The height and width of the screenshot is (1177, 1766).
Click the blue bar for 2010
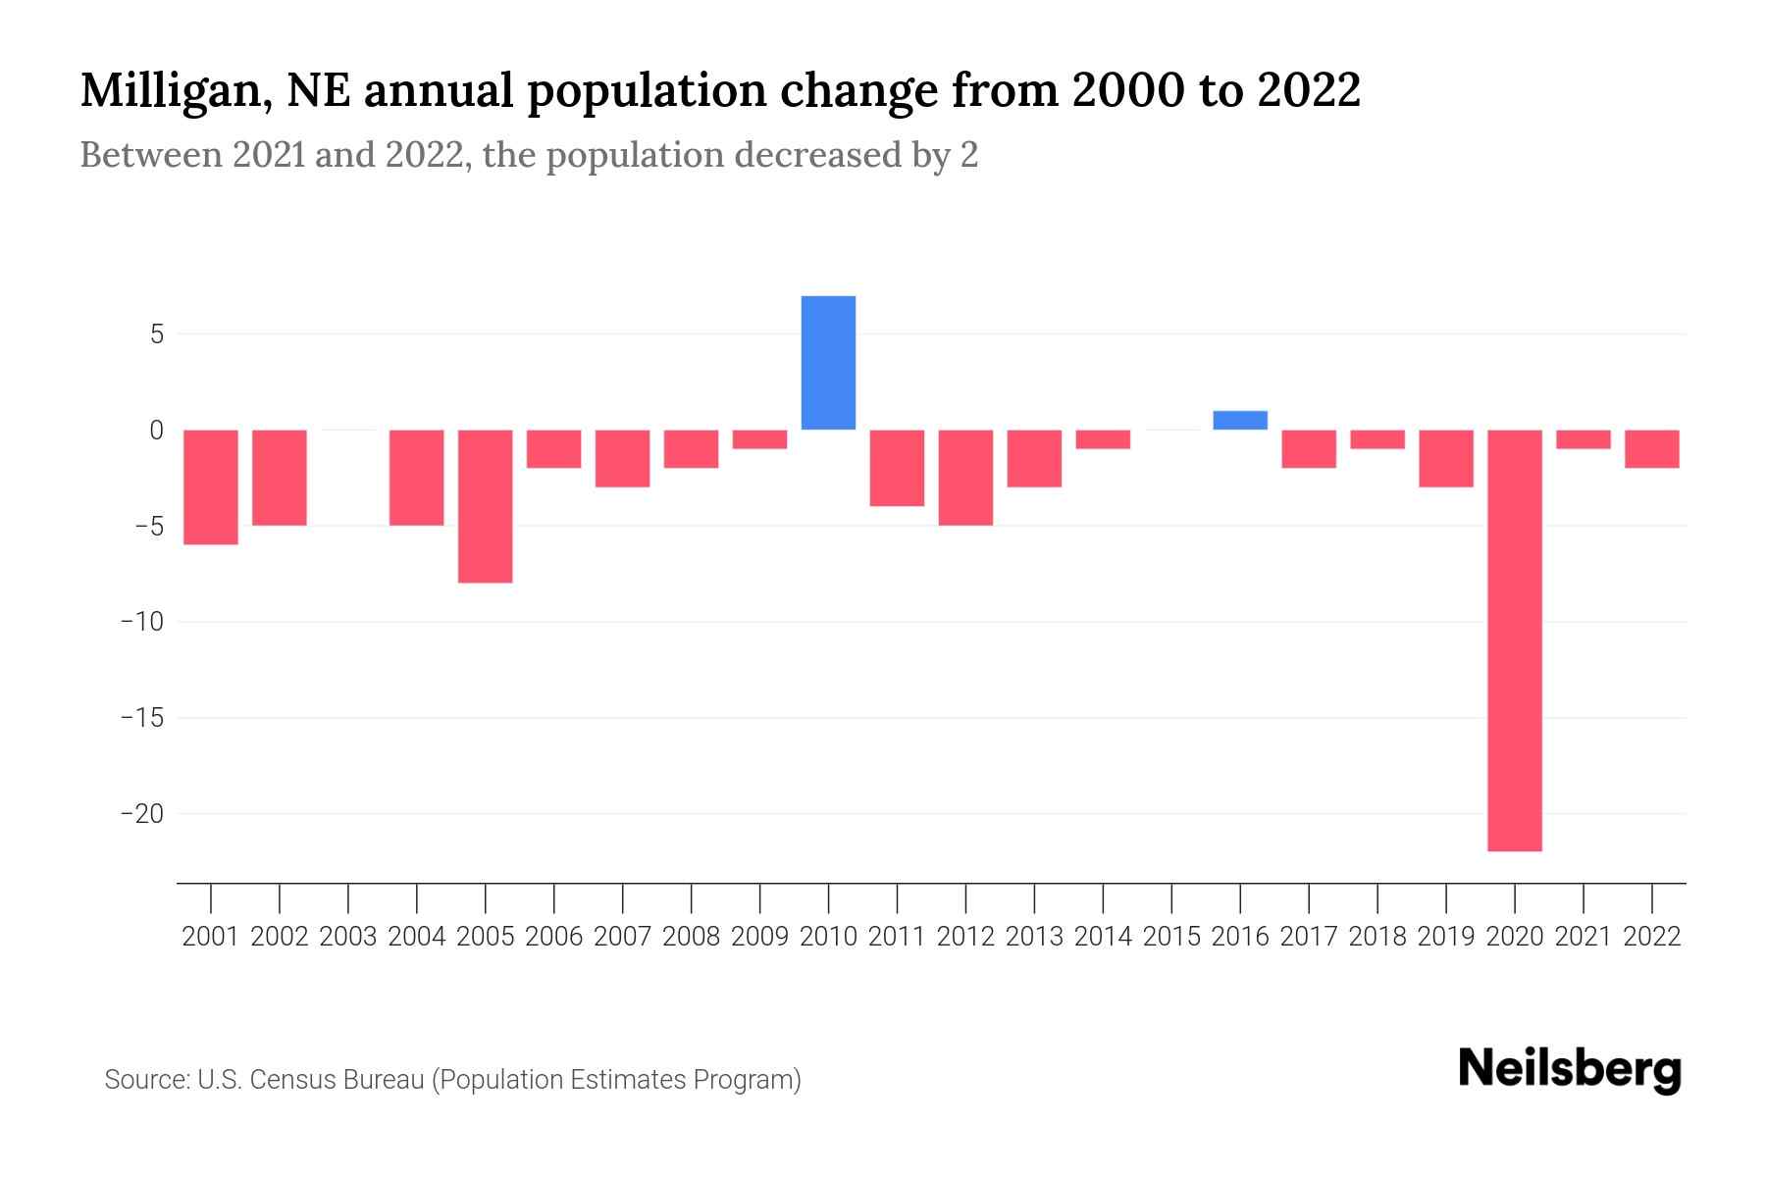coord(828,363)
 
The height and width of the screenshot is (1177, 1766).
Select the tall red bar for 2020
coord(1514,640)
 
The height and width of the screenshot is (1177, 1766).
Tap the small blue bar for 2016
coord(1240,420)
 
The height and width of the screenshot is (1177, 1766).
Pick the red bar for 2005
coord(485,506)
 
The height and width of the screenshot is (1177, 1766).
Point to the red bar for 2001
coord(211,486)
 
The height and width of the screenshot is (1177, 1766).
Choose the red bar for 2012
coord(965,478)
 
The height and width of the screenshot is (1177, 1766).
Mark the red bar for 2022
coord(1651,449)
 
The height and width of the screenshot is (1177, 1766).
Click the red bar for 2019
coord(1445,458)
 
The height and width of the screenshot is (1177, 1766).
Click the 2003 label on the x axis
coord(348,937)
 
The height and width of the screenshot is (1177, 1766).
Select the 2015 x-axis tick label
coord(1171,937)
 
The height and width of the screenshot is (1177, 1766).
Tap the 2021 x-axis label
coord(1583,937)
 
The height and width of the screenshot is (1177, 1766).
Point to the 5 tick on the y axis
coord(156,334)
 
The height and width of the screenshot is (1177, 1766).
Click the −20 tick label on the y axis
coord(141,814)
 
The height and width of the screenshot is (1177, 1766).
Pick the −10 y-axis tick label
coord(141,622)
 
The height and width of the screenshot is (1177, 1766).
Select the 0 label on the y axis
coord(156,431)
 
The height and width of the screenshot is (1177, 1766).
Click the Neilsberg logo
coord(1570,1070)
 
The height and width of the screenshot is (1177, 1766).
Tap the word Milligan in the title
coord(169,91)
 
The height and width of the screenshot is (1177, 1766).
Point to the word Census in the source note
coord(294,1080)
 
